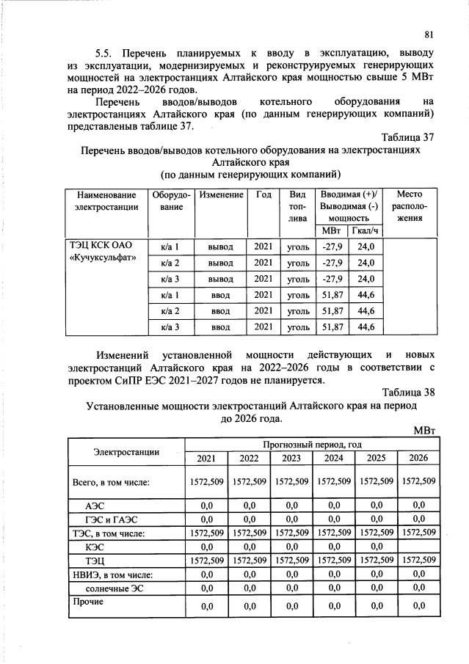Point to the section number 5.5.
pos(109,54)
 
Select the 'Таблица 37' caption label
pos(409,136)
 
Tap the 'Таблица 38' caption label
pos(409,392)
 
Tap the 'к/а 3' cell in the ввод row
pos(170,326)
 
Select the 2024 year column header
pos(334,459)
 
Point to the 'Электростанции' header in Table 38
pos(126,451)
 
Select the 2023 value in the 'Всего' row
pos(291,482)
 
